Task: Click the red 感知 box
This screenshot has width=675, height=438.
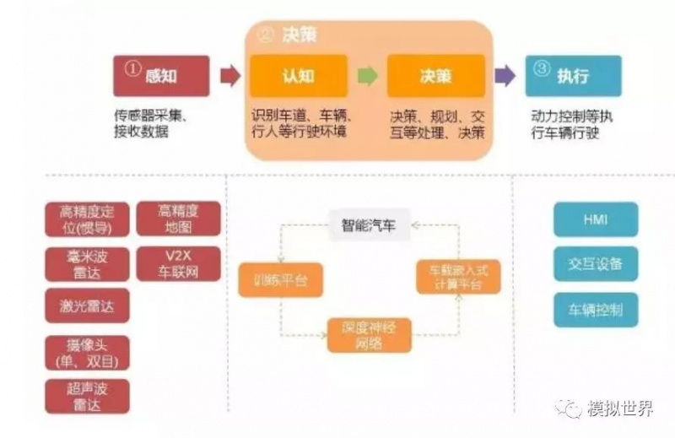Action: pyautogui.click(x=160, y=76)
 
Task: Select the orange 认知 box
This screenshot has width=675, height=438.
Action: pyautogui.click(x=298, y=76)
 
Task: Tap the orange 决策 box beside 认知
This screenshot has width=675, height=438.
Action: pyautogui.click(x=435, y=76)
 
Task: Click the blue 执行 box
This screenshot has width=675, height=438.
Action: pyautogui.click(x=573, y=76)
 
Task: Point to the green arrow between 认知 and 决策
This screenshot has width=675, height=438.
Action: pyautogui.click(x=367, y=76)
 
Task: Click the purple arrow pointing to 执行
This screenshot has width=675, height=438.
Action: pyautogui.click(x=505, y=76)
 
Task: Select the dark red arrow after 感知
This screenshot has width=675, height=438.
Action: pyautogui.click(x=229, y=76)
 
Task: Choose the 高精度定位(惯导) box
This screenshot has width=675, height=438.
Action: pyautogui.click(x=88, y=219)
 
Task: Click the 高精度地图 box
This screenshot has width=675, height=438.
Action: pyautogui.click(x=178, y=219)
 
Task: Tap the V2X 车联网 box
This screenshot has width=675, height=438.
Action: pyautogui.click(x=178, y=264)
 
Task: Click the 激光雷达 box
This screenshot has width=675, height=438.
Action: pyautogui.click(x=88, y=306)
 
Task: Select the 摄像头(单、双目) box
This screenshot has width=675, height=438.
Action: pyautogui.click(x=88, y=352)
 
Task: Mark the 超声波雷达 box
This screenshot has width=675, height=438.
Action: pyautogui.click(x=88, y=396)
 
